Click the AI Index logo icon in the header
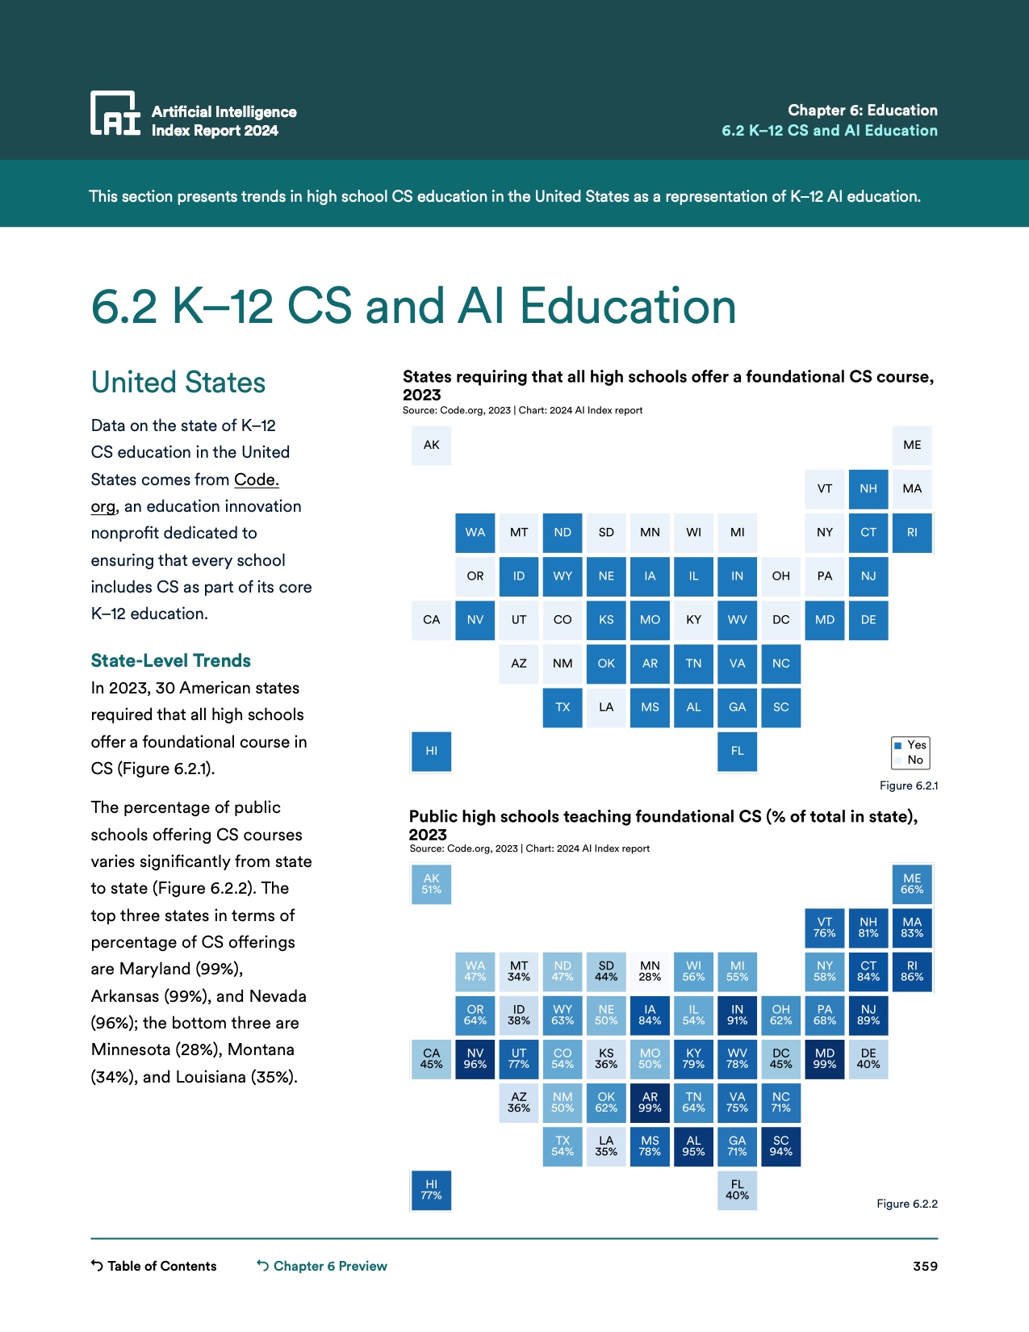click(x=115, y=113)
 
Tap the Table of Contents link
click(x=154, y=1266)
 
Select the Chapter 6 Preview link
click(x=322, y=1266)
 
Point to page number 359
click(x=925, y=1266)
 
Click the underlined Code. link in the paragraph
click(x=256, y=480)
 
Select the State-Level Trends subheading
click(x=170, y=660)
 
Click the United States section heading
click(x=178, y=383)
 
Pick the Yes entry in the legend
click(x=910, y=745)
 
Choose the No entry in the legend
click(x=910, y=760)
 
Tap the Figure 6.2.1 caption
click(x=908, y=785)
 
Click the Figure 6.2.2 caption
click(x=906, y=1204)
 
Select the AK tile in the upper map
click(x=432, y=445)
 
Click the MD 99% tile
click(x=825, y=1058)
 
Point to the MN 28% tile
click(x=650, y=971)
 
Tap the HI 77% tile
click(x=432, y=1190)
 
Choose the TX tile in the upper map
click(x=563, y=707)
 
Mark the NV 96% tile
click(x=475, y=1058)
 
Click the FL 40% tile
click(x=737, y=1190)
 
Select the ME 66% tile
click(x=912, y=884)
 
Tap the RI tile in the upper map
click(x=912, y=533)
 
